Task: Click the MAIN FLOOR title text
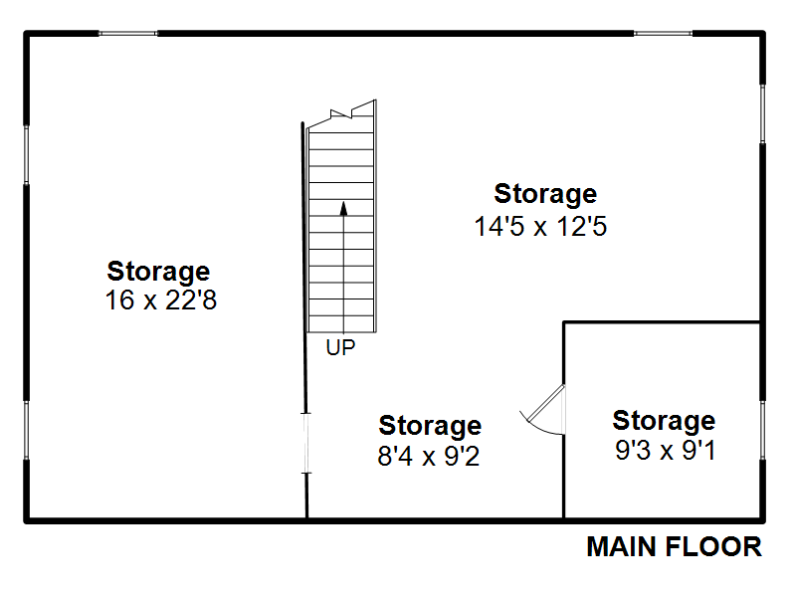674,547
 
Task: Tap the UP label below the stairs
340,347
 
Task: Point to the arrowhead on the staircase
343,208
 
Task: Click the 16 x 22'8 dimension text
161,299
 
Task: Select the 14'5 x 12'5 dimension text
540,226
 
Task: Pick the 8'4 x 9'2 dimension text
429,456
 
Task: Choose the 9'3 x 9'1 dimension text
666,451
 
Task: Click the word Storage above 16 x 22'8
158,272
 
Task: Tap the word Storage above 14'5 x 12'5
545,194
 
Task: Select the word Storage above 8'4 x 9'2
430,426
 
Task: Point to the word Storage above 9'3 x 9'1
664,421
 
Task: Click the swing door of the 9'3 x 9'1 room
545,404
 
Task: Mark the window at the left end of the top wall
128,34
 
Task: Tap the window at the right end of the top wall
663,34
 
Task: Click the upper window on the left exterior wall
27,154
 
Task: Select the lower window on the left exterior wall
27,430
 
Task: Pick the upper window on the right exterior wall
762,113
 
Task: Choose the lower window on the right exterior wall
762,430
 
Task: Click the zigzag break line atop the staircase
341,113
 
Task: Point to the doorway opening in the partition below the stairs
306,443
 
